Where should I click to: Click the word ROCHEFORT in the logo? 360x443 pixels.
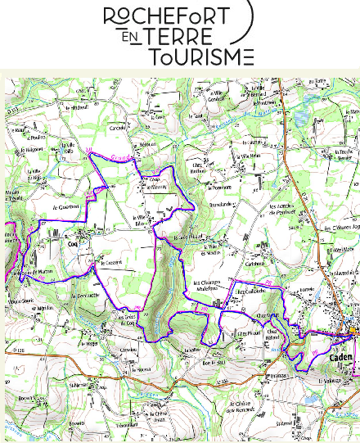pyautogui.click(x=177, y=16)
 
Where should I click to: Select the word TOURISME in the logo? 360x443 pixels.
pyautogui.click(x=201, y=57)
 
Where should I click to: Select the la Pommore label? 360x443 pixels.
pyautogui.click(x=223, y=187)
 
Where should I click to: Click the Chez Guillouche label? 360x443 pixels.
pyautogui.click(x=250, y=291)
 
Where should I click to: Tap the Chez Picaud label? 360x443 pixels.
pyautogui.click(x=248, y=334)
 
